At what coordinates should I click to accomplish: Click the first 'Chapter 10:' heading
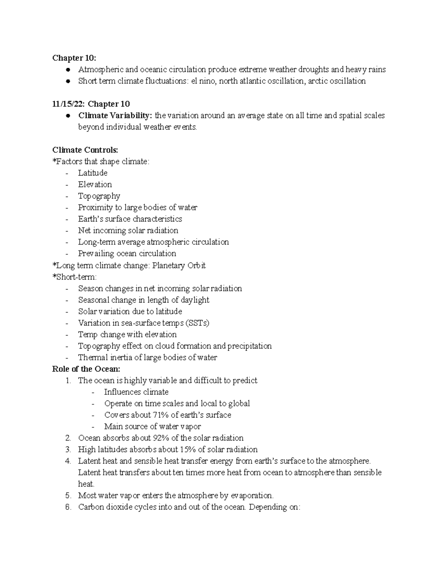pos(74,58)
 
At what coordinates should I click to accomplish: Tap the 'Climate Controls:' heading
pos(85,150)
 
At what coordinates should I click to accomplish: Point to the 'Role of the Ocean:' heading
pos(86,369)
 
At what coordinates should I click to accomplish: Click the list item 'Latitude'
pos(92,173)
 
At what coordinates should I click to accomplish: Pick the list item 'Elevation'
pos(95,184)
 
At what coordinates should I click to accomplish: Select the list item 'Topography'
pos(99,196)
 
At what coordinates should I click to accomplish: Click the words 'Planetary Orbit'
pos(179,265)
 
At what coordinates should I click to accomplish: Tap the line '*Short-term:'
pos(74,277)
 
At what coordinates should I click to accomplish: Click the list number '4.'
pos(67,461)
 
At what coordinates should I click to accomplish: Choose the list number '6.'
pos(67,507)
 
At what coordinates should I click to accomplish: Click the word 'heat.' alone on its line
pos(86,484)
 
